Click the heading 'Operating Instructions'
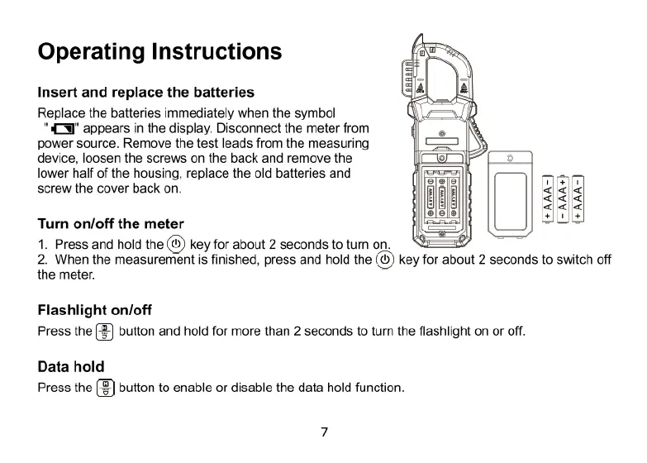[159, 52]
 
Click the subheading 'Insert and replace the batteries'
[145, 92]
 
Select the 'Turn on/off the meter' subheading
[111, 223]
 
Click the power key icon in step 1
[176, 244]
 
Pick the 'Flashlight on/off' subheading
[95, 310]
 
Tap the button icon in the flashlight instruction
[106, 332]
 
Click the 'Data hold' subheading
[71, 366]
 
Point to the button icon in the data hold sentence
[106, 387]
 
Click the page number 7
[324, 432]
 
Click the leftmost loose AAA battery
[547, 198]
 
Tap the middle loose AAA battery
[563, 198]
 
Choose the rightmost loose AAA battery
[578, 198]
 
